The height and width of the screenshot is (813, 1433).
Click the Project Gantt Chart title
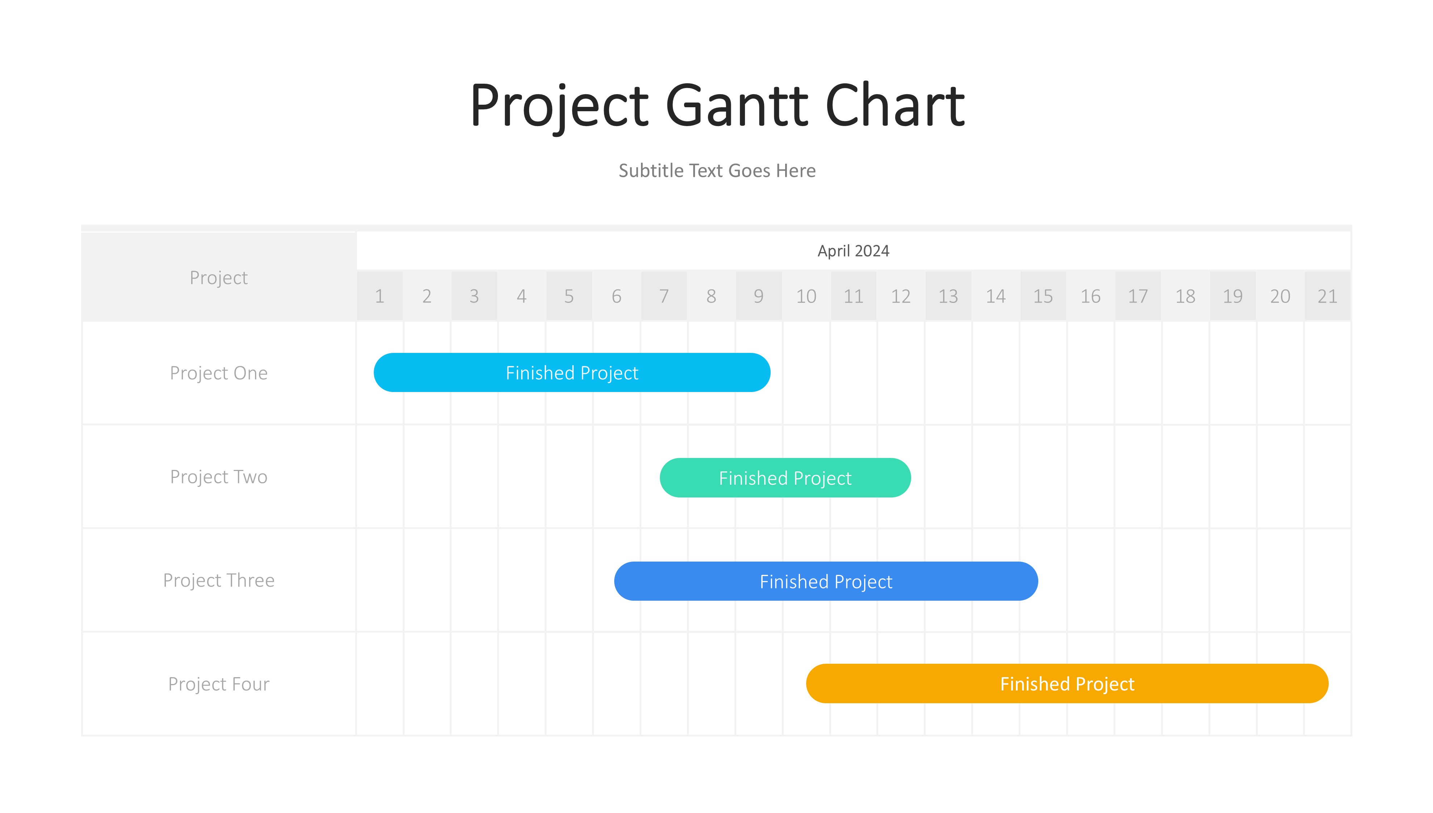tap(717, 106)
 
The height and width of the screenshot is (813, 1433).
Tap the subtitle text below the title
tap(717, 170)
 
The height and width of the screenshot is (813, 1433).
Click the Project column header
tap(219, 278)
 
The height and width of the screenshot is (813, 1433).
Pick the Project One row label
tap(219, 373)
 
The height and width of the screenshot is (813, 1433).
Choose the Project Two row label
tap(219, 477)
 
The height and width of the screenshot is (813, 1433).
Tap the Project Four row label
tap(219, 684)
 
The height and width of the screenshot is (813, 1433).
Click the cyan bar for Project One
tap(572, 372)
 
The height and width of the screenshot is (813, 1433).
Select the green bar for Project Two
tap(785, 478)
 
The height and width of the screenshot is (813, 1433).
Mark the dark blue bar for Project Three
tap(826, 581)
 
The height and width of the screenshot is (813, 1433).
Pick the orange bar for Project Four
tap(1067, 683)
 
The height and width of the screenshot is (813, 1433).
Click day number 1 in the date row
tap(380, 296)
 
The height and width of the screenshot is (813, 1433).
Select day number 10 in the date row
tap(806, 296)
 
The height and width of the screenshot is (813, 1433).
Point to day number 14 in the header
tap(996, 296)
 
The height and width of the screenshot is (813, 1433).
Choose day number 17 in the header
tap(1138, 296)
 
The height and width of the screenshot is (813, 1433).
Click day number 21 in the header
tap(1328, 296)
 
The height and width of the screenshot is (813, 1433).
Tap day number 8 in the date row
tap(711, 296)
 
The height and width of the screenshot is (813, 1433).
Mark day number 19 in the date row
tap(1233, 296)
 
